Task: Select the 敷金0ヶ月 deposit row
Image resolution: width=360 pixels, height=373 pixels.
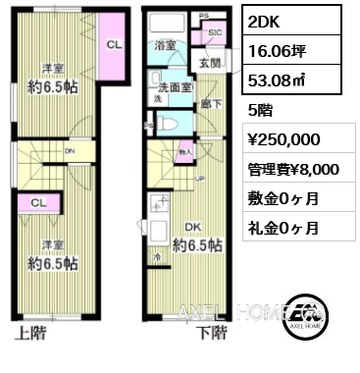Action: pyautogui.click(x=283, y=198)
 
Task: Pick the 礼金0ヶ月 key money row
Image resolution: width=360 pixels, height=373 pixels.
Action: pyautogui.click(x=283, y=228)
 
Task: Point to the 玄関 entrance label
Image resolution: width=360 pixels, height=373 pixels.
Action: pyautogui.click(x=211, y=65)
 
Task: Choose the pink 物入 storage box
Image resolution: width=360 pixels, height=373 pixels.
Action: pyautogui.click(x=185, y=152)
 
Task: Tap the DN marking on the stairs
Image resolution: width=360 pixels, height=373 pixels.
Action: pyautogui.click(x=69, y=152)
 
